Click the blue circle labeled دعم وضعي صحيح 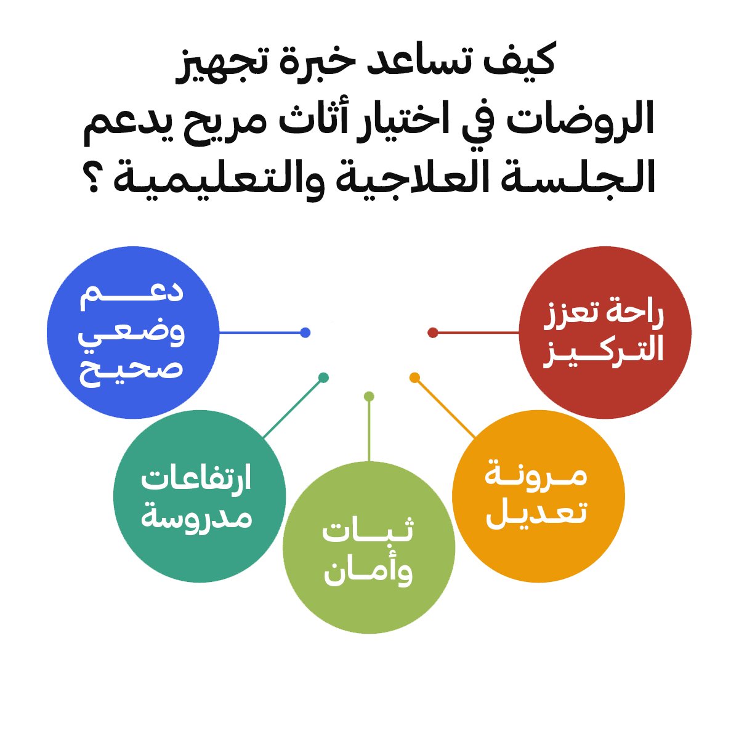click(x=133, y=333)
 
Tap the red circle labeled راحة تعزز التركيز click(x=605, y=333)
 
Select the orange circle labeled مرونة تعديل click(x=538, y=496)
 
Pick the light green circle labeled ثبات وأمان click(x=369, y=547)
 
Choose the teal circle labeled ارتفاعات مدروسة click(x=200, y=496)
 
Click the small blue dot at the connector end click(x=305, y=333)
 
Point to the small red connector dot click(x=433, y=333)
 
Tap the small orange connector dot click(x=414, y=377)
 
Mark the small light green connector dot click(x=369, y=396)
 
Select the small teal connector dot click(x=323, y=377)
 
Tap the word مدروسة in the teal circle click(x=196, y=516)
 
